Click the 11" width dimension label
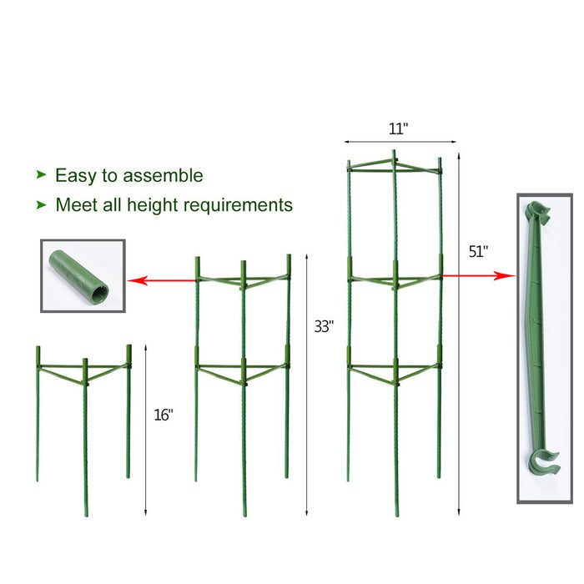coord(398,128)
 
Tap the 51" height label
coord(478,252)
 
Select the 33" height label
coord(324,327)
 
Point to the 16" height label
coord(164,415)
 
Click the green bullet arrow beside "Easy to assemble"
coord(42,174)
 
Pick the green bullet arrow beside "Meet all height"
coord(42,204)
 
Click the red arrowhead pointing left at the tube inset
coord(137,280)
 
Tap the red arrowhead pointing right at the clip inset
coord(505,275)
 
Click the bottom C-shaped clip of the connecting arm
coord(543,464)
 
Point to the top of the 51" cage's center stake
coord(394,151)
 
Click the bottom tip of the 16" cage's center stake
coord(87,516)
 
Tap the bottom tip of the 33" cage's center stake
coord(244,516)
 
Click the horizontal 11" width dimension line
coord(400,142)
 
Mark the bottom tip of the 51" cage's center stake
coord(397,516)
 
